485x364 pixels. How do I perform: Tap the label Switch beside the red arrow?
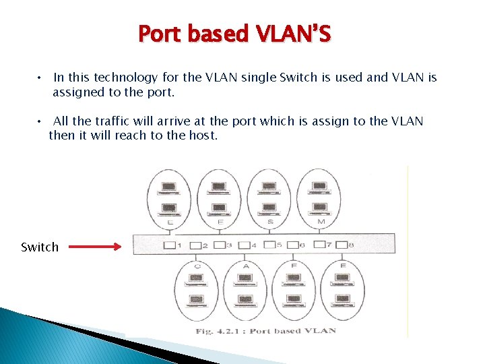pyautogui.click(x=40, y=247)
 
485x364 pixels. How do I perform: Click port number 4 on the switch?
pyautogui.click(x=254, y=245)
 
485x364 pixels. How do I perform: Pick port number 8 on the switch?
pyautogui.click(x=351, y=245)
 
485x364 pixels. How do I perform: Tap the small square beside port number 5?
pyautogui.click(x=269, y=245)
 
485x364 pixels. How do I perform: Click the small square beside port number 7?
pyautogui.click(x=319, y=245)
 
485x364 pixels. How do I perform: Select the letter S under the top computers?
pyautogui.click(x=270, y=222)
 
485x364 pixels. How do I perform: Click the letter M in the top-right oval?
pyautogui.click(x=321, y=222)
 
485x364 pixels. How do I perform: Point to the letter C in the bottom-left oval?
pyautogui.click(x=197, y=266)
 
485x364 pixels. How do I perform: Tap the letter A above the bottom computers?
pyautogui.click(x=246, y=266)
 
